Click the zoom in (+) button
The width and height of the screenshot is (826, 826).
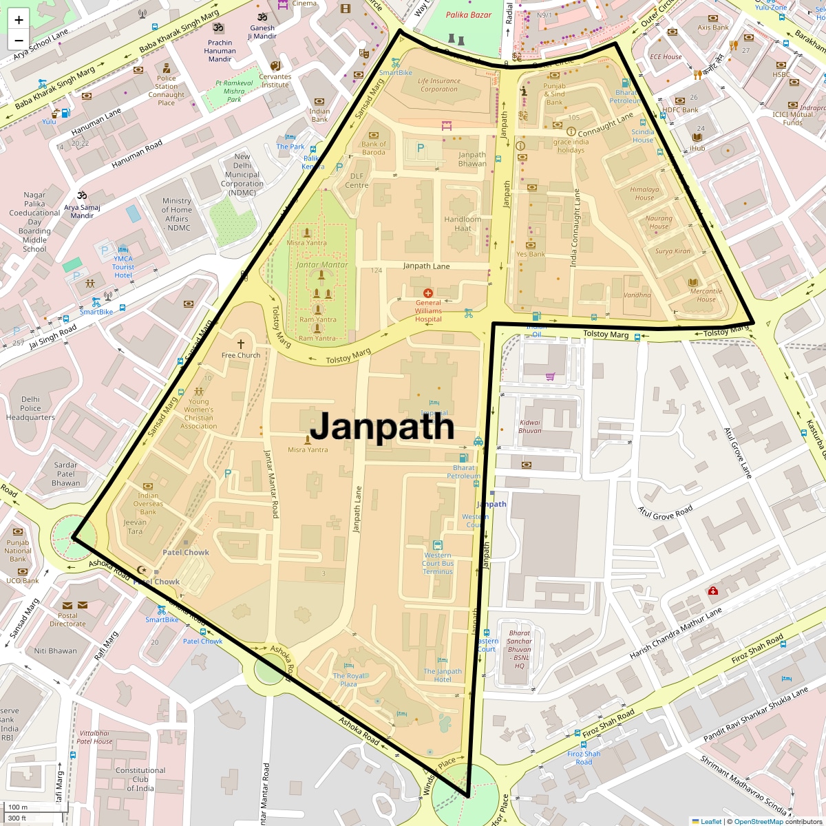click(19, 20)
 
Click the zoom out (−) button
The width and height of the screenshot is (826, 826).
click(19, 41)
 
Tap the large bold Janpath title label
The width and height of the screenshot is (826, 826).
click(382, 427)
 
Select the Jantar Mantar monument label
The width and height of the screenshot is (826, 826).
click(321, 264)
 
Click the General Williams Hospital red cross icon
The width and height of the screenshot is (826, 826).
click(427, 293)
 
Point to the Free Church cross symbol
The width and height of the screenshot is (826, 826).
click(241, 343)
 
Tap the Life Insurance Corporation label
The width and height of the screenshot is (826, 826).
click(438, 85)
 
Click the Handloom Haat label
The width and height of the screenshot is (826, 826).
click(463, 224)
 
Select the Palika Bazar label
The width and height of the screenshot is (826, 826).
click(468, 14)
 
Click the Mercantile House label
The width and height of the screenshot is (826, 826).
click(706, 295)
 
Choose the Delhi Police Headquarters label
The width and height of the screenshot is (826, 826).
click(30, 408)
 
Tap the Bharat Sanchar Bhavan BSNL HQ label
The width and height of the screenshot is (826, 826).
click(520, 649)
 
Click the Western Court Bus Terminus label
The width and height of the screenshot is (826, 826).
click(438, 563)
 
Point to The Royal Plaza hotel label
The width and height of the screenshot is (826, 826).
click(349, 680)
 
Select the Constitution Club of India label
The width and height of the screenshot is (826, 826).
click(140, 779)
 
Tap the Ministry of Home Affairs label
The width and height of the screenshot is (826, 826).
click(177, 214)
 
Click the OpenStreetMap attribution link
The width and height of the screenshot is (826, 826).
click(758, 821)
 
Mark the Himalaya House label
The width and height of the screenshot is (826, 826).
click(644, 193)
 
